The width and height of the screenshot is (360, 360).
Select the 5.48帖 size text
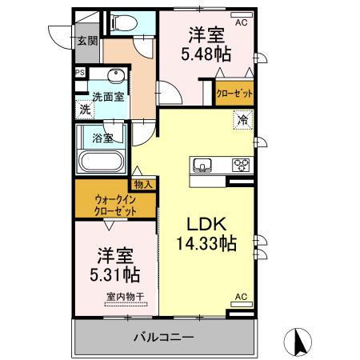pos(206,54)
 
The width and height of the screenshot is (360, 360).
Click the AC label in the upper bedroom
pos(240,23)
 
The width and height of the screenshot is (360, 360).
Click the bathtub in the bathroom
pos(100,162)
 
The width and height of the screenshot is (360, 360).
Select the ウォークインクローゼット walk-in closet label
pos(114,205)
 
